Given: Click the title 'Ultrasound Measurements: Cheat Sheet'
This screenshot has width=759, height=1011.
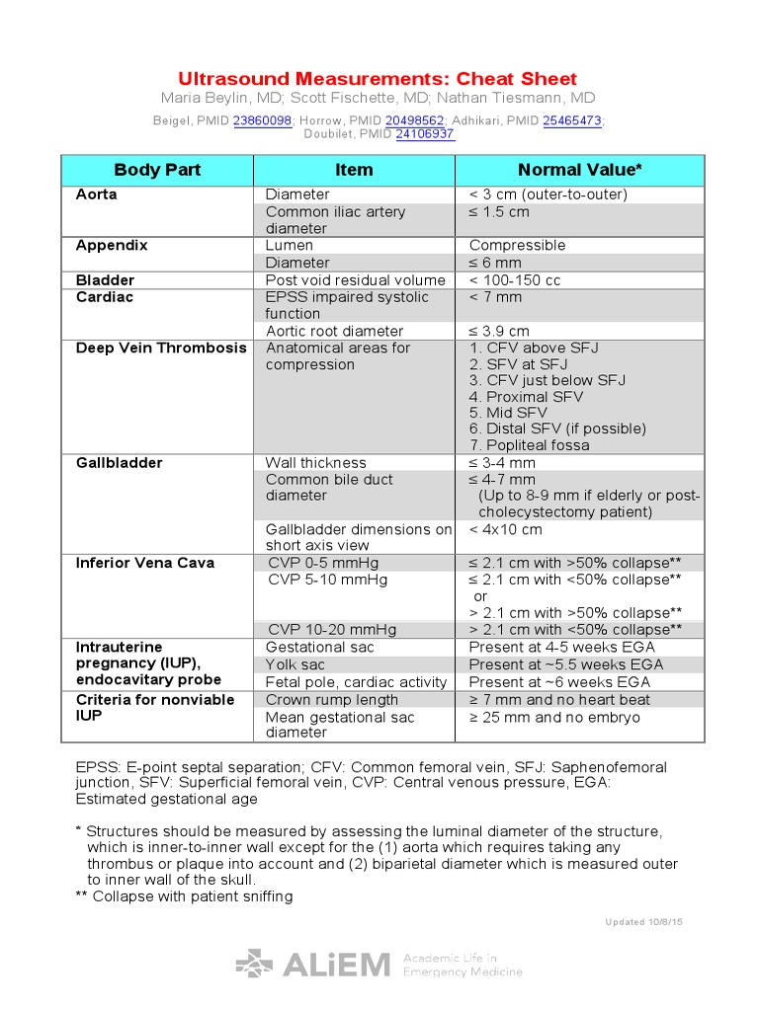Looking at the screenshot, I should [378, 79].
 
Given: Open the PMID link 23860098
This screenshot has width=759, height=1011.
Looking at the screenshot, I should [262, 120].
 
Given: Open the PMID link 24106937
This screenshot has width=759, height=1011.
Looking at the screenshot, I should [425, 133].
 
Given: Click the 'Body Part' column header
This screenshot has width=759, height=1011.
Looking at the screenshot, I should [157, 170].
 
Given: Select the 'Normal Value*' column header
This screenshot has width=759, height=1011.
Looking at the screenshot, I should [579, 170].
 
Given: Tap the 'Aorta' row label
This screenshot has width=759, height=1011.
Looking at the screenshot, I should [97, 194].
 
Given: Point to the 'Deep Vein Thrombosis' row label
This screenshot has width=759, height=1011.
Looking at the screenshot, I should [161, 348].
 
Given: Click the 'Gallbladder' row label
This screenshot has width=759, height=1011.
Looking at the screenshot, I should [120, 462].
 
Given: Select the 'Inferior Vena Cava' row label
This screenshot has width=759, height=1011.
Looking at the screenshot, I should [145, 563].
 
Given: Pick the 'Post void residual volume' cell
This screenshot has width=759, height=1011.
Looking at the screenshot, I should [355, 280].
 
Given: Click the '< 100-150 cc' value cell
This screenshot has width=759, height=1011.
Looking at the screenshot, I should [514, 280].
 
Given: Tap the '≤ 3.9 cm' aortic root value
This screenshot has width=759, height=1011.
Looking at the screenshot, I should [499, 331].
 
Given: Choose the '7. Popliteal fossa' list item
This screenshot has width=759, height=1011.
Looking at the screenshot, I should [529, 445].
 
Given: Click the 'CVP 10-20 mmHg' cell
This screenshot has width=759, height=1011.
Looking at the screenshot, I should [332, 629].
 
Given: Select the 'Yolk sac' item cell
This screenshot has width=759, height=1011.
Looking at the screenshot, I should [295, 664].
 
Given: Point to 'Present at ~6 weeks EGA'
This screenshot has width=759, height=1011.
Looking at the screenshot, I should [559, 682].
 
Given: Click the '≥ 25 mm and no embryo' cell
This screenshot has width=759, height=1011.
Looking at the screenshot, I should [553, 717].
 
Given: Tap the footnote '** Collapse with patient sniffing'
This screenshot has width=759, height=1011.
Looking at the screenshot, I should [184, 896].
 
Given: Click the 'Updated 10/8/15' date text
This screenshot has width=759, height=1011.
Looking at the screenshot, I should [643, 922].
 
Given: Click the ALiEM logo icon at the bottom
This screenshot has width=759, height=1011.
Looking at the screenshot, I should [254, 964].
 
